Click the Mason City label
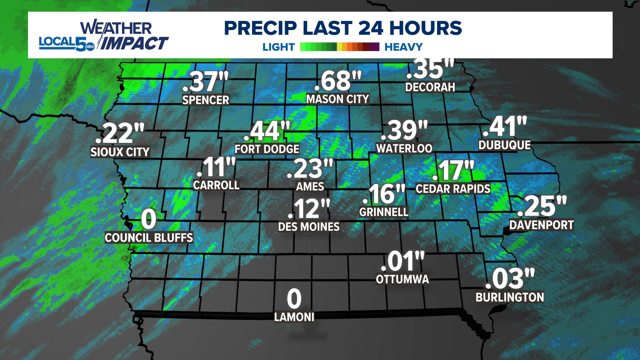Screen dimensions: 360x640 [337, 99]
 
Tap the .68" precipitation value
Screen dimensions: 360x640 [337, 81]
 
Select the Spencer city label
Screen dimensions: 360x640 [205, 100]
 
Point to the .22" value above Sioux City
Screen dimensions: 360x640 [120, 133]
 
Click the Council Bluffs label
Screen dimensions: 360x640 [149, 238]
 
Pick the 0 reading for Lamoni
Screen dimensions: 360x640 [294, 299]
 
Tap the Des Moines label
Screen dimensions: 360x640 [309, 227]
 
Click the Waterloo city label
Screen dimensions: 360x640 [404, 148]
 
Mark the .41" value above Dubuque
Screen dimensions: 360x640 [505, 127]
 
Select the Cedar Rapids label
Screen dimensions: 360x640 [453, 189]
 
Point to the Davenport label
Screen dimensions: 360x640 [541, 225]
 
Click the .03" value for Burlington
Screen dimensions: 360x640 [510, 279]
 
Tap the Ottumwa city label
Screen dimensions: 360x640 [402, 279]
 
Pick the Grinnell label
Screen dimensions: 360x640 [384, 212]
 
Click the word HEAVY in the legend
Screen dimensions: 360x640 [403, 47]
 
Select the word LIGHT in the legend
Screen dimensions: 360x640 [279, 47]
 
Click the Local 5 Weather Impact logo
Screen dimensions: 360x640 [103, 36]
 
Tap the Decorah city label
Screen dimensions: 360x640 [430, 87]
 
